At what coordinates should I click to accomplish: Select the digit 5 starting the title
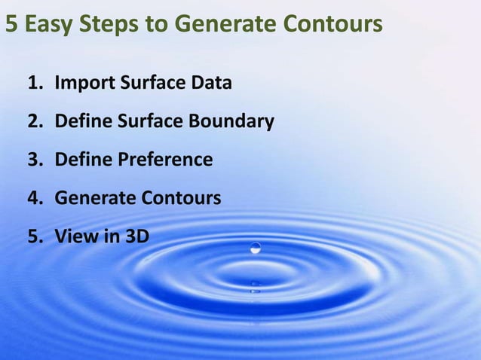(11, 25)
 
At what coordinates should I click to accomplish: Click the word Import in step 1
(83, 82)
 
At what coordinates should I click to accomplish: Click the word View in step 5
(72, 236)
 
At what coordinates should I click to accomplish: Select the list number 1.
(34, 82)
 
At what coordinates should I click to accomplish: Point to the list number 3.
(34, 160)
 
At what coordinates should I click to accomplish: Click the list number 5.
(34, 236)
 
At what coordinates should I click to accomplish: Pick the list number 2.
(34, 121)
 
